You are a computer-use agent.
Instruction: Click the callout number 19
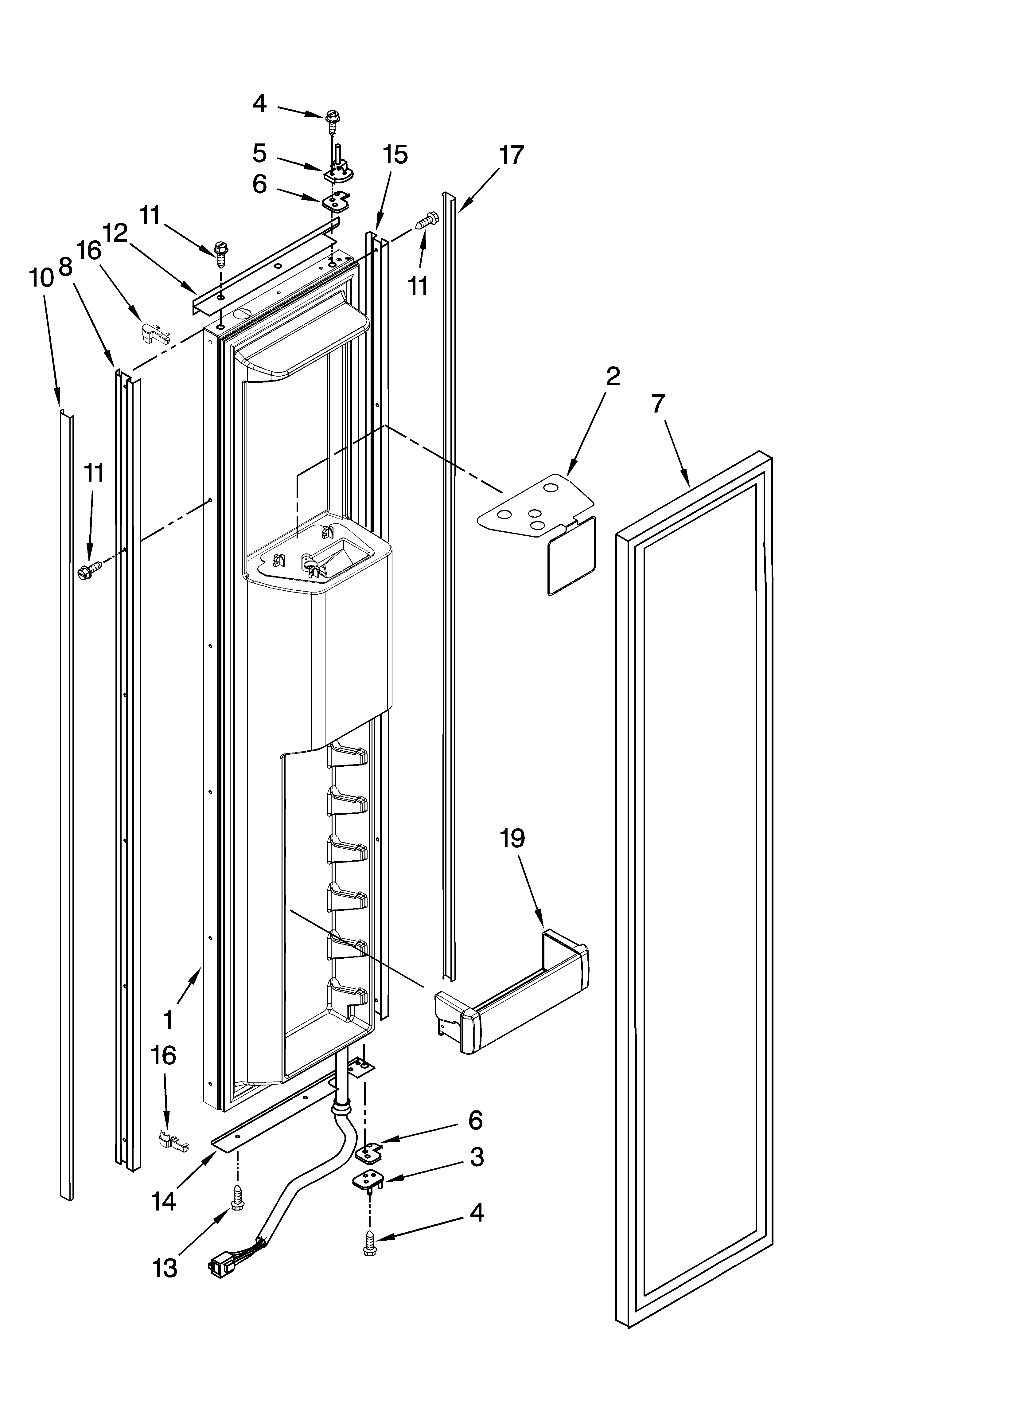coord(512,838)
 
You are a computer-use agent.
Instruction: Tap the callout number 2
coord(612,376)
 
